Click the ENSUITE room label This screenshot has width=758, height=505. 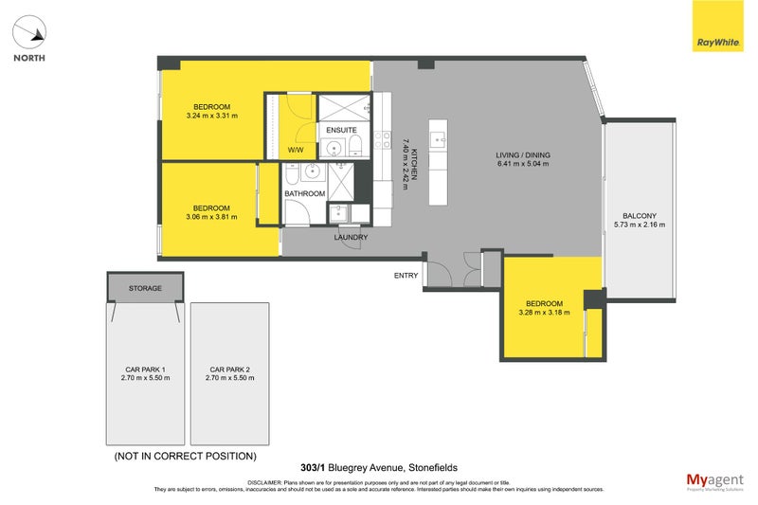click(341, 130)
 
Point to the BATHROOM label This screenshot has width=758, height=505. click(305, 193)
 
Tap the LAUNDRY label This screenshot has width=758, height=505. click(351, 238)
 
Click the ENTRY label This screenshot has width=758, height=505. click(406, 276)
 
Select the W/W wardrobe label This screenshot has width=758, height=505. click(296, 151)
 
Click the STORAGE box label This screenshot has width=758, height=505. click(145, 288)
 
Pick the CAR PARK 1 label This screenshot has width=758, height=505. click(145, 370)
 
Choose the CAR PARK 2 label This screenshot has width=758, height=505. click(229, 370)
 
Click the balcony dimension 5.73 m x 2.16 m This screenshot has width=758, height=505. click(639, 225)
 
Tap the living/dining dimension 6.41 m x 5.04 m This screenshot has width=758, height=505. click(522, 164)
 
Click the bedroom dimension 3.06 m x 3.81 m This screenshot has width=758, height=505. click(211, 217)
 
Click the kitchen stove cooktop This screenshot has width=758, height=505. click(383, 140)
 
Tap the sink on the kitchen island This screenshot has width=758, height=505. click(438, 139)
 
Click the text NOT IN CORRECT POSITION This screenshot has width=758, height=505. click(186, 457)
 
